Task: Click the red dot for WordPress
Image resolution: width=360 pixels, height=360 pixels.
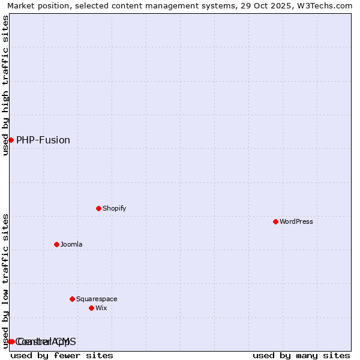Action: coord(275,221)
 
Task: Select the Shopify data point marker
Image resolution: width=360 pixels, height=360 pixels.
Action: coord(98,208)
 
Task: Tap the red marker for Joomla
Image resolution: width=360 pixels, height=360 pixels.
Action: coord(56,244)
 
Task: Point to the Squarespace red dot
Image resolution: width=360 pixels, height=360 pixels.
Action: coord(72,299)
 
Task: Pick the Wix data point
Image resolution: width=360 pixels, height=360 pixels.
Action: coord(91,308)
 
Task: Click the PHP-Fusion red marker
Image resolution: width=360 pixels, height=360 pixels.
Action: coord(11,140)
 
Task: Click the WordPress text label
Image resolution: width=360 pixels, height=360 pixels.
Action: coord(296,221)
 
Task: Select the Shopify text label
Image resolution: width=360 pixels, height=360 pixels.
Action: coord(114,208)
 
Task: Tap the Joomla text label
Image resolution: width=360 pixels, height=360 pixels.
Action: coord(71,244)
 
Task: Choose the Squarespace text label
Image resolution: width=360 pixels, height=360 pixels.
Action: coord(97,299)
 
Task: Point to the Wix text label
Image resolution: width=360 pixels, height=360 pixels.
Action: coord(101,308)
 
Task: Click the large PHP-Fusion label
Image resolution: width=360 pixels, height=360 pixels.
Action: coord(43,140)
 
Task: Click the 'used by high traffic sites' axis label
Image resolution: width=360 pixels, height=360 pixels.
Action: coord(5,85)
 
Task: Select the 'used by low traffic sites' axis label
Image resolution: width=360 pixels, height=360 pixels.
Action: coord(5,280)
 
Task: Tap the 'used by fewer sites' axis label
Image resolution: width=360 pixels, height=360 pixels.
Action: coord(62,355)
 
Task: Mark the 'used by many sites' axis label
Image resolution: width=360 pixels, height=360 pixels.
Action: coord(301,355)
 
